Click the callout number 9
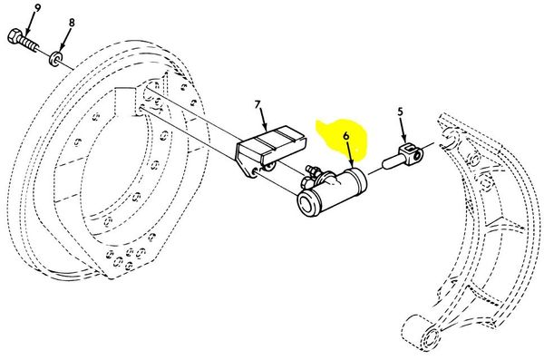click(37, 7)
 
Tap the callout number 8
click(72, 23)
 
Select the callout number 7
click(257, 104)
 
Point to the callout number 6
click(346, 136)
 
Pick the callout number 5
click(401, 112)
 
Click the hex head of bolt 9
click(15, 37)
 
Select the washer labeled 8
click(55, 58)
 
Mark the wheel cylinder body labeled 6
click(333, 191)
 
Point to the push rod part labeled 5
click(403, 156)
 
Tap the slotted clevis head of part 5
click(412, 154)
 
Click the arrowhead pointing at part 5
click(403, 140)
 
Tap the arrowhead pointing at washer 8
click(61, 47)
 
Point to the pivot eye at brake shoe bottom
click(430, 337)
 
